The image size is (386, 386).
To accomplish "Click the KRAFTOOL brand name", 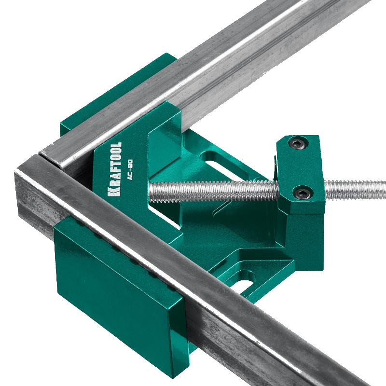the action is tap(115, 169).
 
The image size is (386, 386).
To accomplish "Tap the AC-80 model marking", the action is tap(131, 170).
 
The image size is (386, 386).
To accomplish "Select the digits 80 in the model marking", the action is tap(131, 164).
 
